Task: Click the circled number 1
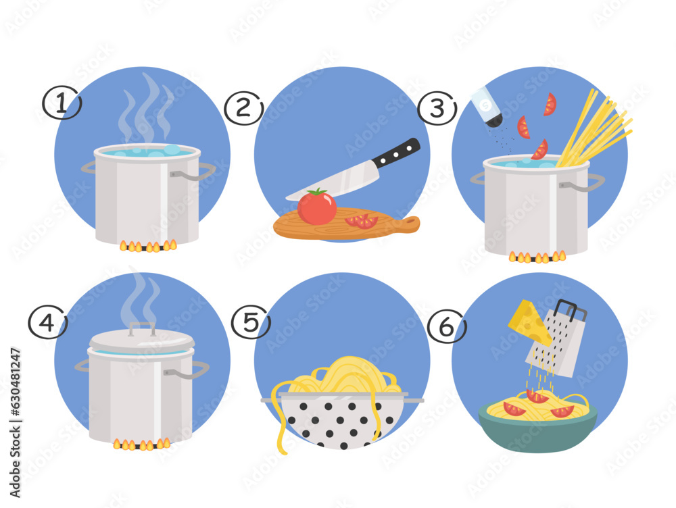(62, 104)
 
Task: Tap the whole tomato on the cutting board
(316, 207)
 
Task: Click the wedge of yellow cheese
(530, 323)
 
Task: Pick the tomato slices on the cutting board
(361, 221)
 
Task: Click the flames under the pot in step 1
(148, 246)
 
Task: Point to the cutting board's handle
(406, 224)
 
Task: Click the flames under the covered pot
(141, 444)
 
